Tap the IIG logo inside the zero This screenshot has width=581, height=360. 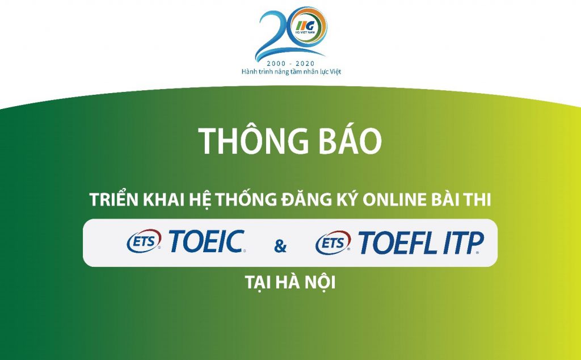click(x=305, y=26)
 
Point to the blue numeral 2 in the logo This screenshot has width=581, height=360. click(x=272, y=35)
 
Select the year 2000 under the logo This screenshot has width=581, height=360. click(x=276, y=64)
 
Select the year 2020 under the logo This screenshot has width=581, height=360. click(x=305, y=64)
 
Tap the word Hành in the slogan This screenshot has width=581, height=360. click(x=249, y=72)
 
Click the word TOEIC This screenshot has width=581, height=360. click(x=207, y=241)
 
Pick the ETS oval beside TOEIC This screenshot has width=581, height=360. click(x=144, y=241)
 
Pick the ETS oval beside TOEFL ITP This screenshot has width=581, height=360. click(x=333, y=243)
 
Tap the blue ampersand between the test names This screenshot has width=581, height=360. click(x=280, y=246)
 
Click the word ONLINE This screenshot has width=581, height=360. click(x=394, y=200)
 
